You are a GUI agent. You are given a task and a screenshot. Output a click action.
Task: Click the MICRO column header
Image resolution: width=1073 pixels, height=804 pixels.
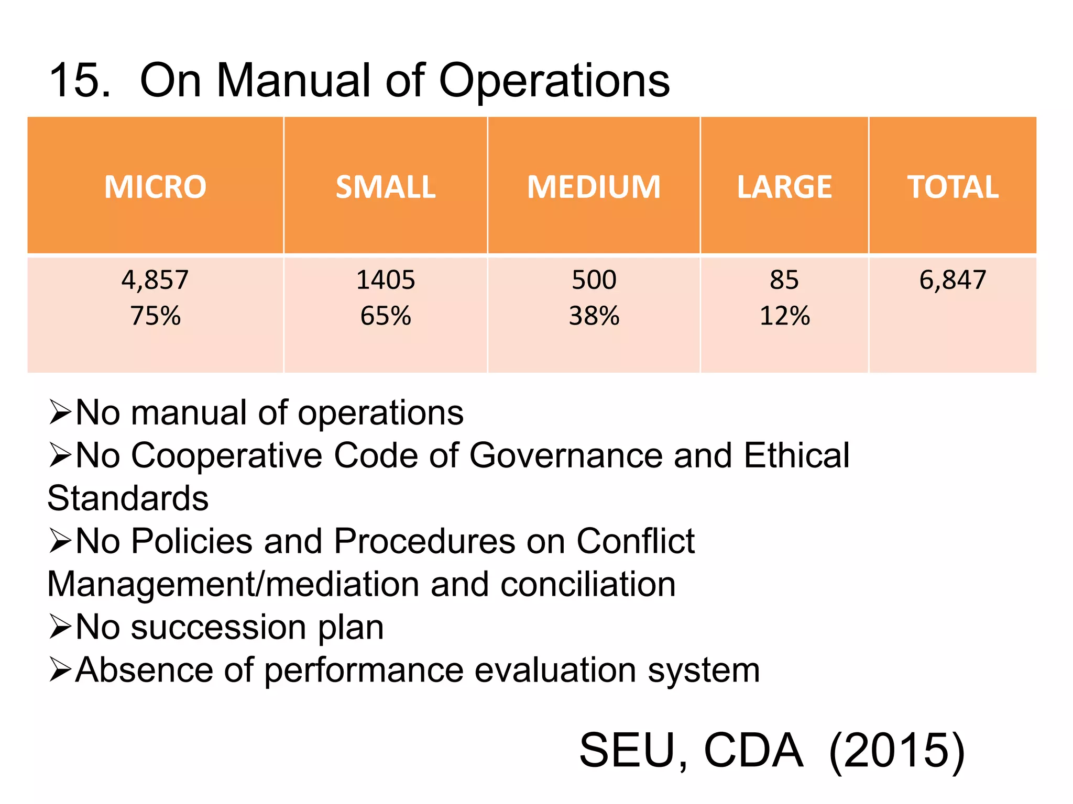[155, 187]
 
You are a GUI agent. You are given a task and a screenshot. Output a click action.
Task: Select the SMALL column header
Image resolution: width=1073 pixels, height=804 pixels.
[386, 187]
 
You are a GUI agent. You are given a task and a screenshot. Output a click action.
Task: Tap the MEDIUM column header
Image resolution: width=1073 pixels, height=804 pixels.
[594, 187]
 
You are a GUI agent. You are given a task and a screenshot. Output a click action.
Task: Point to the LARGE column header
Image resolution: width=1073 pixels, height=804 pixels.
[784, 187]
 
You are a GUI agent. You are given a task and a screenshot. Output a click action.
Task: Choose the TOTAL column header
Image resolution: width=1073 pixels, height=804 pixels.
[952, 187]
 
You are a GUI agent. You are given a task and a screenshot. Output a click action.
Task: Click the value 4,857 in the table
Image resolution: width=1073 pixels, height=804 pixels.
[155, 280]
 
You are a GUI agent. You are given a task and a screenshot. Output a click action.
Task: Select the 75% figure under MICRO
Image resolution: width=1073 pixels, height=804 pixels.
[155, 316]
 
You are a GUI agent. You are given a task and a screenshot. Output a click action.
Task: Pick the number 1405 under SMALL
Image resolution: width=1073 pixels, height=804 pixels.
[386, 280]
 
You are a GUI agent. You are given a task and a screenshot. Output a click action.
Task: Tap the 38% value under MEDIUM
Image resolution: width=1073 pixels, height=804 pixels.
[594, 316]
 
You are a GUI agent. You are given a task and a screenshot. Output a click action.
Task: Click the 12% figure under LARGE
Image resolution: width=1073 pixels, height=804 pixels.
[784, 316]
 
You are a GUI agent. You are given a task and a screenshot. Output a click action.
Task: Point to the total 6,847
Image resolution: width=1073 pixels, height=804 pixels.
[952, 280]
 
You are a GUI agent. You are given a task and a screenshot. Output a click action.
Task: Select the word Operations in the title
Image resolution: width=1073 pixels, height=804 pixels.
[554, 82]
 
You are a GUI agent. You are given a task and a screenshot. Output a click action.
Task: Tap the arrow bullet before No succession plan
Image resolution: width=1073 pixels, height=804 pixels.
[60, 627]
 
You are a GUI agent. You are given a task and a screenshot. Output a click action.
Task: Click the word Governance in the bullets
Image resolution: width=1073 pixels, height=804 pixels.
[566, 455]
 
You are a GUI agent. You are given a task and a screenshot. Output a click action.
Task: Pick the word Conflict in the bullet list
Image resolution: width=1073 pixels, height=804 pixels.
[635, 541]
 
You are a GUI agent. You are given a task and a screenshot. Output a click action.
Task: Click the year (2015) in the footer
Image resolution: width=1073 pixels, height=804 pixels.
[896, 751]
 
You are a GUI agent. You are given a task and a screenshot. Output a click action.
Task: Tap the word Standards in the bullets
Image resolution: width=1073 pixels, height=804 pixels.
[128, 498]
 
